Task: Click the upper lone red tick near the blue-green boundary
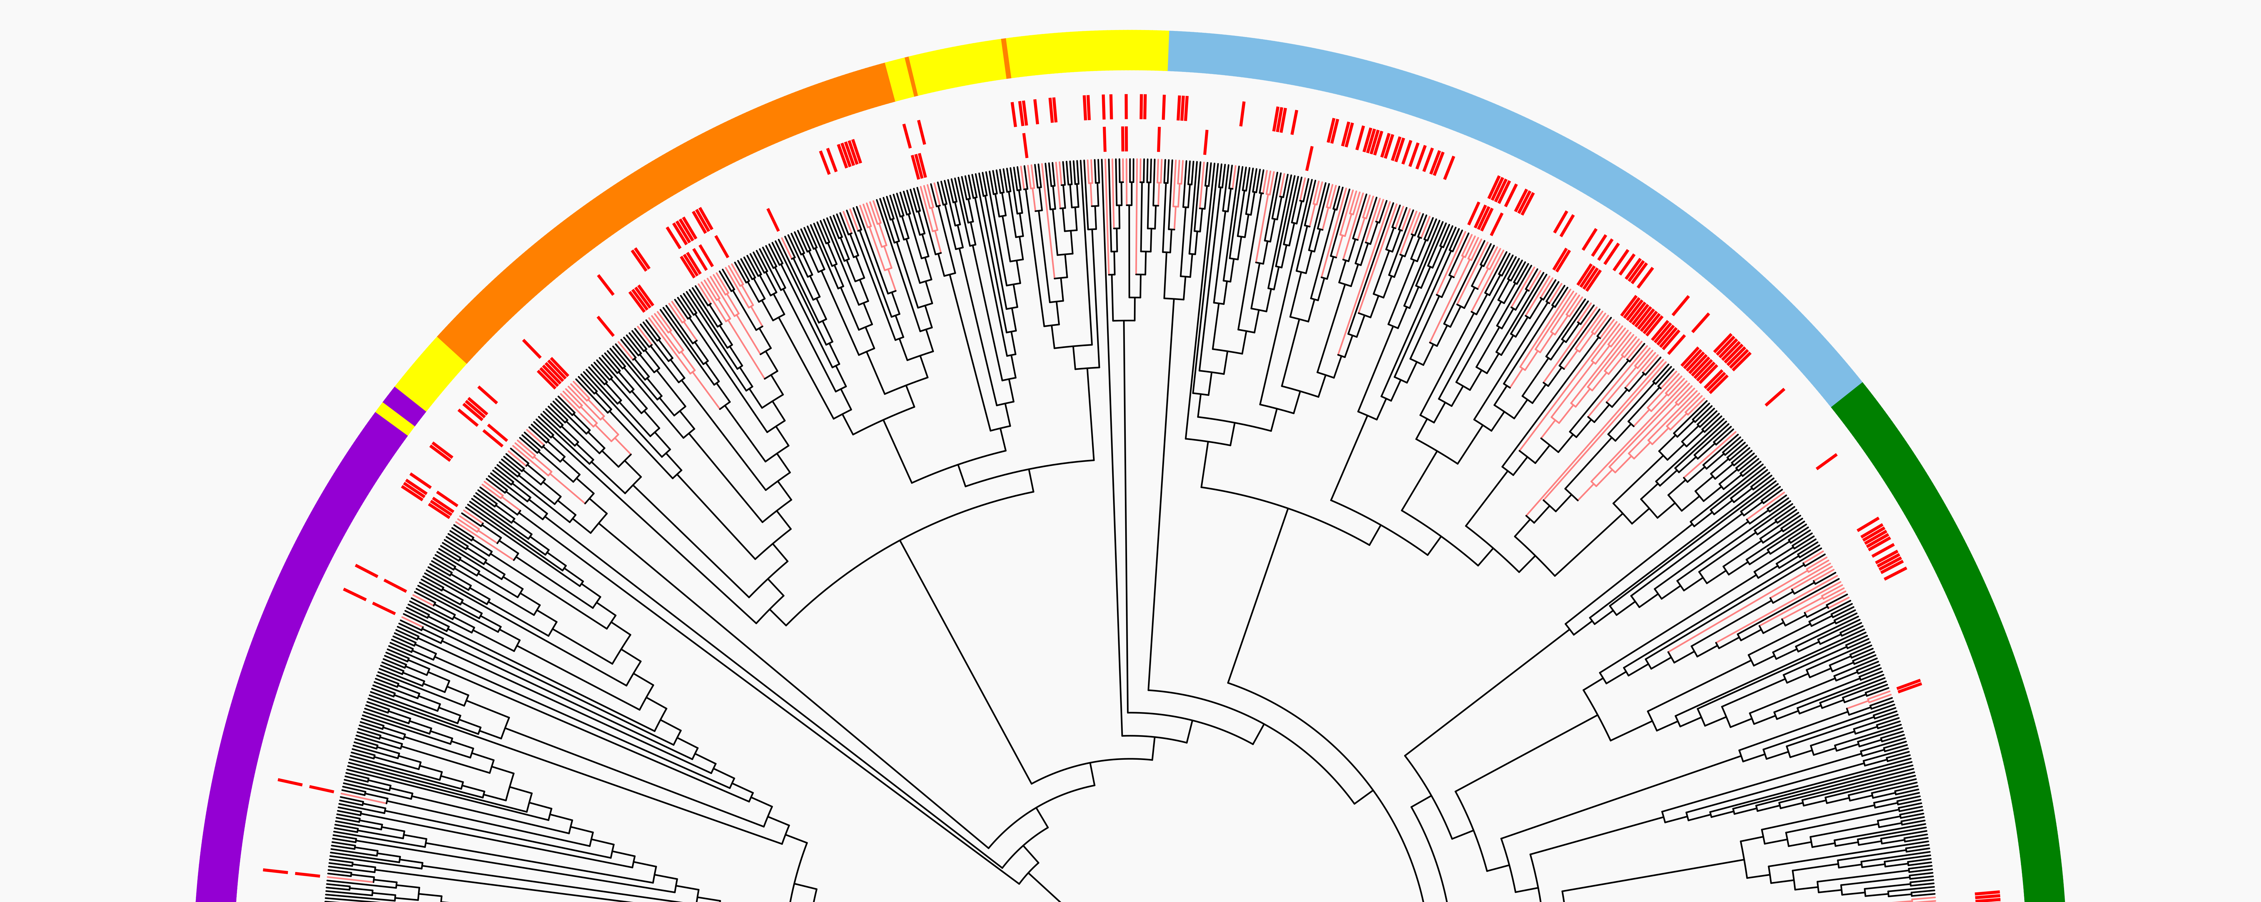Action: tap(1775, 397)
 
